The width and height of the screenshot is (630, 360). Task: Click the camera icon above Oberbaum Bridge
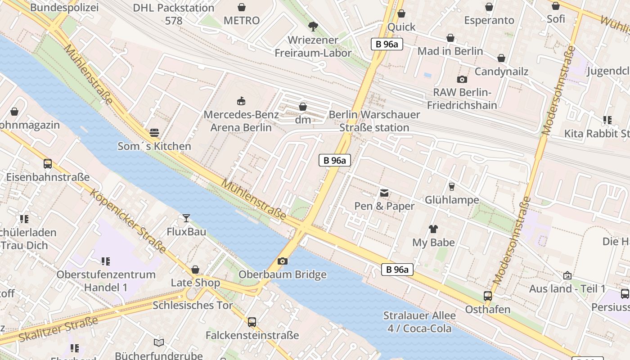(282, 261)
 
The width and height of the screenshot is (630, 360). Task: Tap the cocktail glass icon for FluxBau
(186, 218)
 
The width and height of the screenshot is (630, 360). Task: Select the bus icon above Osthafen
(487, 296)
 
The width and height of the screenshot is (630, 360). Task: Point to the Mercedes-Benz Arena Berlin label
(241, 121)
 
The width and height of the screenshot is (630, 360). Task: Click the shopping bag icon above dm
(303, 107)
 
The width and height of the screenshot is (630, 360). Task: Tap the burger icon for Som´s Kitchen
(154, 133)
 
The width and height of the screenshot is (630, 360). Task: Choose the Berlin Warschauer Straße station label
(374, 121)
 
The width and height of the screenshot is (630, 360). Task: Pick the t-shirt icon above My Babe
(433, 229)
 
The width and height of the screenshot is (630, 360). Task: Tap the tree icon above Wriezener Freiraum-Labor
(313, 26)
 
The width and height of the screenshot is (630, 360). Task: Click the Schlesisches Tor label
(193, 305)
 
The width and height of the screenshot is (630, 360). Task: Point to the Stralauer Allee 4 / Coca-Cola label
(419, 322)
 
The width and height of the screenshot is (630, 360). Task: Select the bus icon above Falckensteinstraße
(252, 322)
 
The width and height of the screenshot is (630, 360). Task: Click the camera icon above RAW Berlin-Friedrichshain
(462, 79)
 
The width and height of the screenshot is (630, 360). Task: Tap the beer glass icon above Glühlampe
(452, 186)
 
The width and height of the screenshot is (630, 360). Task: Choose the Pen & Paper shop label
(384, 206)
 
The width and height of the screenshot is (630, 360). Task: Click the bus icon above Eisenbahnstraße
(48, 163)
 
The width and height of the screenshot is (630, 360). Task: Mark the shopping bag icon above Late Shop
(195, 270)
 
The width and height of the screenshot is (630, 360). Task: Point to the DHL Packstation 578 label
(174, 14)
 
